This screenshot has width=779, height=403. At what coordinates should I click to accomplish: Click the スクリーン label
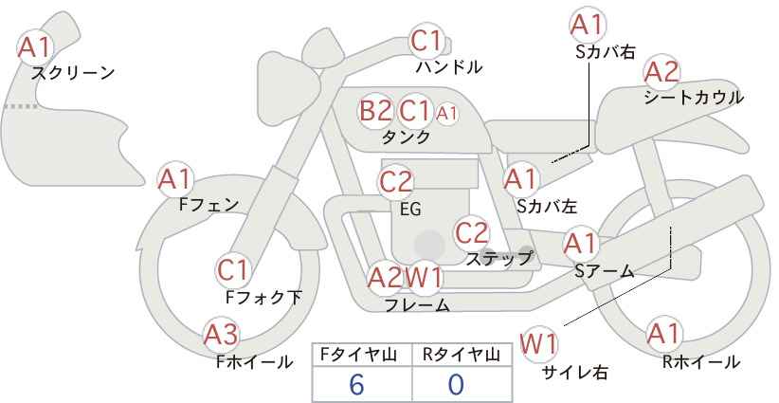73,73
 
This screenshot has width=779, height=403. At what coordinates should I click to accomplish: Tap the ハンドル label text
448,66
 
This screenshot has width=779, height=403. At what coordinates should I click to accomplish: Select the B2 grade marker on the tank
375,110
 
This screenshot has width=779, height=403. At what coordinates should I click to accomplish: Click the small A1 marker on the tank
446,114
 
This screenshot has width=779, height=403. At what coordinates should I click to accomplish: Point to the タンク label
406,137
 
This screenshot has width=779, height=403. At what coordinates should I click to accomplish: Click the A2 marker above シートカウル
661,73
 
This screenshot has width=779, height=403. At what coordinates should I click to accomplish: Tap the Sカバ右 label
606,52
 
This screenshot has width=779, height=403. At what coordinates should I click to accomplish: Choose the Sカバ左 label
547,206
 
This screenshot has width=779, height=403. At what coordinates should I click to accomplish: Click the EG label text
411,209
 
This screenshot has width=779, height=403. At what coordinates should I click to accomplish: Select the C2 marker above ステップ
472,232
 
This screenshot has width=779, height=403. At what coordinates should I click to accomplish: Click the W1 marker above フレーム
424,278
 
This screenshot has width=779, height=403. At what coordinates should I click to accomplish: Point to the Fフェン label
208,204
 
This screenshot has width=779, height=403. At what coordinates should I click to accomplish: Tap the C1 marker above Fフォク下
233,270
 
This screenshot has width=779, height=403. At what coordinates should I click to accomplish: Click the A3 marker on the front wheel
222,335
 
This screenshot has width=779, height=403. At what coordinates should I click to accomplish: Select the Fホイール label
254,362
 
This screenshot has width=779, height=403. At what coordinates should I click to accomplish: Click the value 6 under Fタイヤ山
356,384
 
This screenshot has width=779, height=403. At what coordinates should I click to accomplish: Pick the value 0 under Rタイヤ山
456,384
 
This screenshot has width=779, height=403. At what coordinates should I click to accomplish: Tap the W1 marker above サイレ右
538,344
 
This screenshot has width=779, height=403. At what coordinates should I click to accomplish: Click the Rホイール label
701,362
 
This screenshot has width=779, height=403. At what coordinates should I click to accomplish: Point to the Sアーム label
605,271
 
